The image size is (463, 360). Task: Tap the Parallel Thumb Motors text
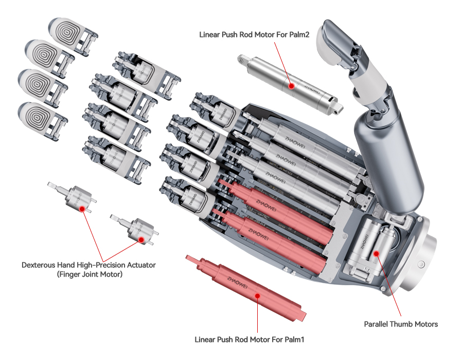401,324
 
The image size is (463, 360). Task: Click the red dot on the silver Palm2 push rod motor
291,86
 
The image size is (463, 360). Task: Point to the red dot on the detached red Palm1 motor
258,295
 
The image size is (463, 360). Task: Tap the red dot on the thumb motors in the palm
377,253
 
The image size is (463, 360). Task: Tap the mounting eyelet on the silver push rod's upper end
242,60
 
